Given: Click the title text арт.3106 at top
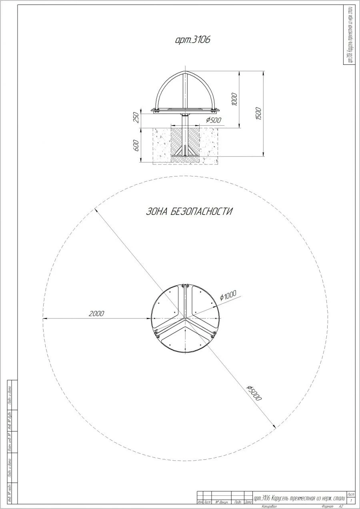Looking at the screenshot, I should coord(193,40).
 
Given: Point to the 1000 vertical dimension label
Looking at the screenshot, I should coord(234,99).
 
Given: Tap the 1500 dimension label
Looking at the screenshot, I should coord(258,114).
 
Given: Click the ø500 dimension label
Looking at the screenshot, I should coord(214,120).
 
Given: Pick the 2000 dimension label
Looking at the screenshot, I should coord(96,313).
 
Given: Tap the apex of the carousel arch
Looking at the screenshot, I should coord(184,72).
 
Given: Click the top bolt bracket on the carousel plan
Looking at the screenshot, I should coord(185,286).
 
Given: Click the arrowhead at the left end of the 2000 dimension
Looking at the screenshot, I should coord(44,319).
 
